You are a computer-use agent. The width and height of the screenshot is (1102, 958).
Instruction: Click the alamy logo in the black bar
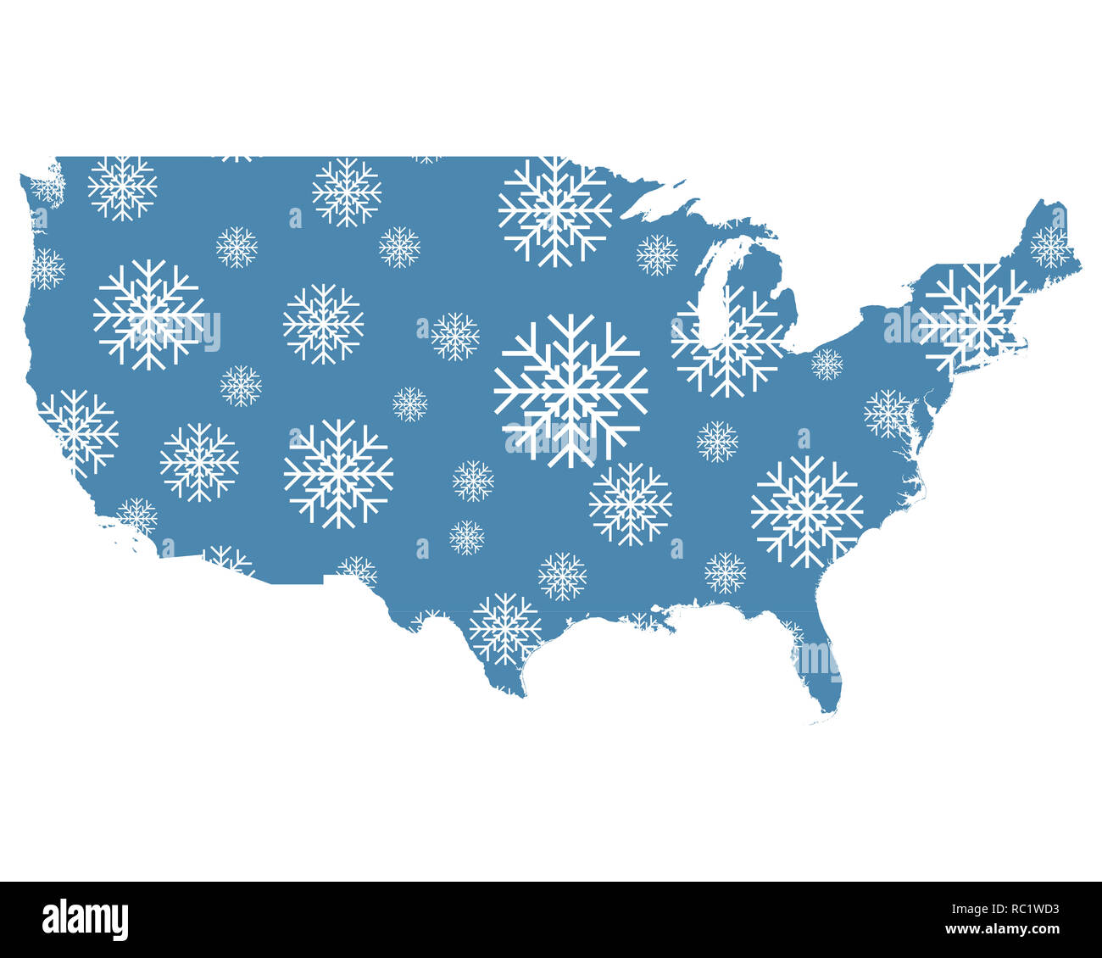85,920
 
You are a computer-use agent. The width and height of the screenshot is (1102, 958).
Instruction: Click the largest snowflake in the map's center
570,391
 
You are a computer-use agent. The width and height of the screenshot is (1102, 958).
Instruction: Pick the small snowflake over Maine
1050,247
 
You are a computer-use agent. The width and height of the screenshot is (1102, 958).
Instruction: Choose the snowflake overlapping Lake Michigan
727,341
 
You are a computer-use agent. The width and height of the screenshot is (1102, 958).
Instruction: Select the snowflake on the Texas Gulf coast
505,628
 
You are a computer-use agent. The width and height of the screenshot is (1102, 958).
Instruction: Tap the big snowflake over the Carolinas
806,512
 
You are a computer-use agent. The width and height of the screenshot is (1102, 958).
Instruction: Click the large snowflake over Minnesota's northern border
554,210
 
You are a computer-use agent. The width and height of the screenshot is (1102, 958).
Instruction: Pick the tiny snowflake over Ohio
826,364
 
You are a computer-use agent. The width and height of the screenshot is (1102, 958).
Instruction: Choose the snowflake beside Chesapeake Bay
888,414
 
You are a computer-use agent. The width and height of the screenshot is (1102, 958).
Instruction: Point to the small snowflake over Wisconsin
657,254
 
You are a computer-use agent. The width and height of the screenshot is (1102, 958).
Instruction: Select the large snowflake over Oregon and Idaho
148,315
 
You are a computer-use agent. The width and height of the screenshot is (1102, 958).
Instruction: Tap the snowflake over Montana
346,192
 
